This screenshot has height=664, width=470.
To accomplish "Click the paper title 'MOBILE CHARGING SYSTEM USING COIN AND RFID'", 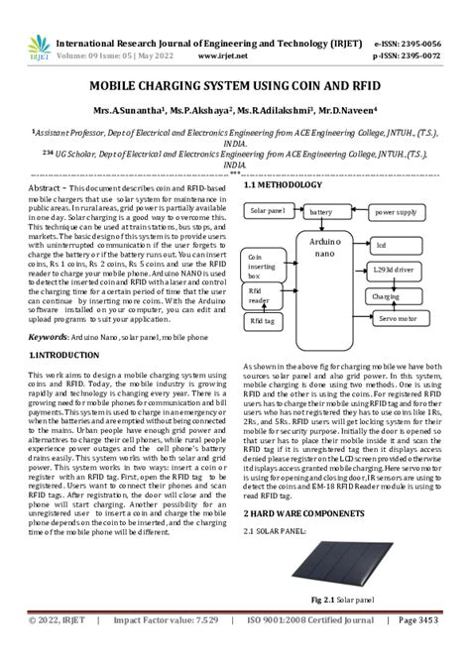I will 235,86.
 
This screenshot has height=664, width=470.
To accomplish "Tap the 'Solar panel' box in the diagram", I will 268,211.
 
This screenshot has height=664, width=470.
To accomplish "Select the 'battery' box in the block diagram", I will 320,212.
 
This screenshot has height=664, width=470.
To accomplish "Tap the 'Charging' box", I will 385,296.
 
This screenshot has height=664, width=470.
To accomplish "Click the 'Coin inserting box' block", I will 262,265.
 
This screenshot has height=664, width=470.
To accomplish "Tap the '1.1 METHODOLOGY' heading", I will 284,185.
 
